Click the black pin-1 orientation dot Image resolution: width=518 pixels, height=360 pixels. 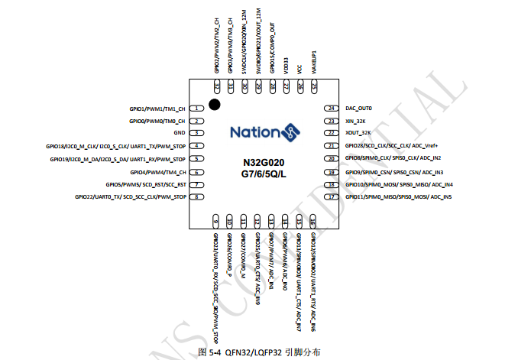coord(215,104)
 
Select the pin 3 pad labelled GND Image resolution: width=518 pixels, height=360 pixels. coord(197,133)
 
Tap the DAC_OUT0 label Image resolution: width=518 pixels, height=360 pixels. coord(358,109)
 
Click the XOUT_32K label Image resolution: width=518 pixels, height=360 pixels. coord(359,133)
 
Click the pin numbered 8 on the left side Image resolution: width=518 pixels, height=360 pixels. coord(197,196)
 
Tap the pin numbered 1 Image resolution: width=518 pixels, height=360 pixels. coord(197,109)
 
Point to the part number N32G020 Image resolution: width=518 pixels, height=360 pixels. coord(264,162)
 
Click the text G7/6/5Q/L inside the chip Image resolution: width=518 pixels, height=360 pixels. coord(264,174)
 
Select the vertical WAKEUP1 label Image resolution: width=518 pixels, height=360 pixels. coord(313,60)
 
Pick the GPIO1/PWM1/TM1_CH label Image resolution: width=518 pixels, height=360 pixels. coord(157,109)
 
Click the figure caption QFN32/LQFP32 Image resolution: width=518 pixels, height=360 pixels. coord(259,352)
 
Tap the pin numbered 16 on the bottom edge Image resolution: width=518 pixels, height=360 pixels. coord(313,222)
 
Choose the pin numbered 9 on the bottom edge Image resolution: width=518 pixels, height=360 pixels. coord(216,222)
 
